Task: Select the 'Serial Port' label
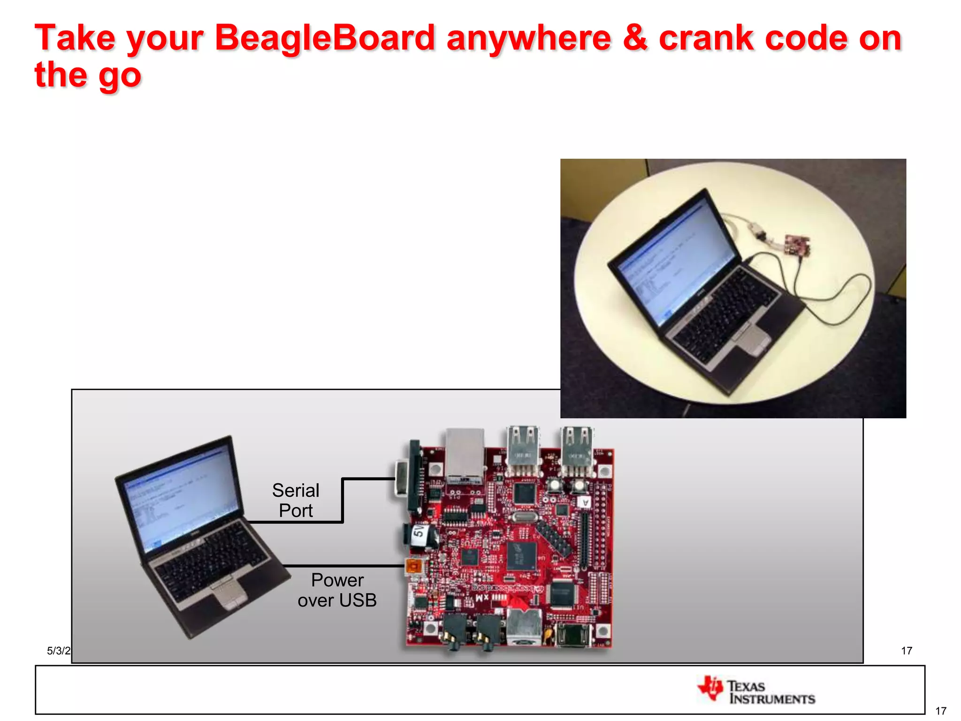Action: click(296, 500)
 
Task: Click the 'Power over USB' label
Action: click(337, 590)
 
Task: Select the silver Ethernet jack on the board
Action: click(465, 454)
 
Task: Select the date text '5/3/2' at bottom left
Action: click(58, 651)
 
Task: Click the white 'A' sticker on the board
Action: click(585, 502)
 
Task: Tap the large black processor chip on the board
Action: click(521, 556)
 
